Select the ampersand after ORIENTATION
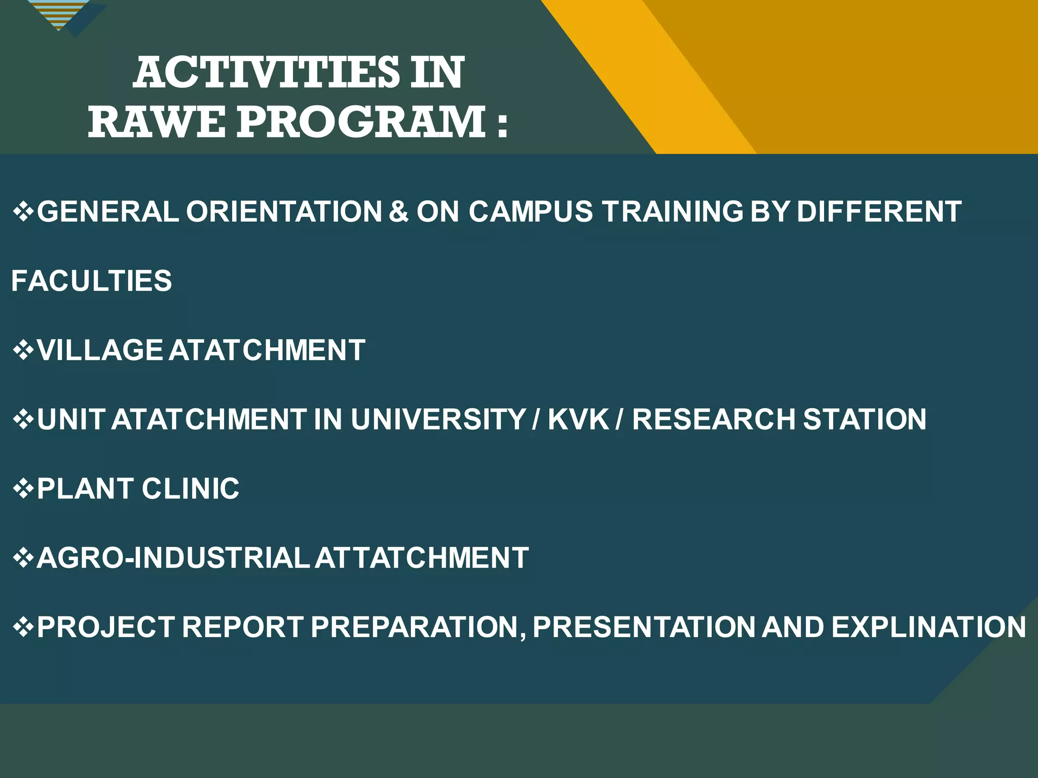398,212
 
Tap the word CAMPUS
530,212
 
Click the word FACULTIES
92,281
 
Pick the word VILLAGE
100,350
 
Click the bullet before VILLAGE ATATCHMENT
23,350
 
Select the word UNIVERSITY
438,419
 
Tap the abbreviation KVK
578,419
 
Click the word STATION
865,419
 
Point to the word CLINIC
190,489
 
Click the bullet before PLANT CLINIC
23,489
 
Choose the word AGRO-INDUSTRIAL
173,558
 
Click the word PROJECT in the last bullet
105,627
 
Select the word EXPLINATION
929,627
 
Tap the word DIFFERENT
879,212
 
